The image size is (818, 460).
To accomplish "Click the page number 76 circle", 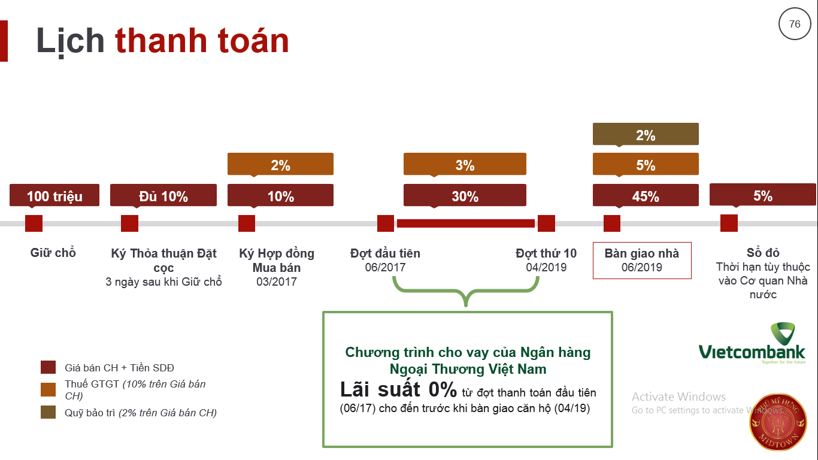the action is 795,24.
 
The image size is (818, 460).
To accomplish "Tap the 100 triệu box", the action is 54,195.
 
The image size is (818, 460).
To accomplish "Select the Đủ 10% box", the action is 163,195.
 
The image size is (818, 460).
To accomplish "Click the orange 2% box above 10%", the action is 280,165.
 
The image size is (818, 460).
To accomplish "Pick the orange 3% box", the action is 465,165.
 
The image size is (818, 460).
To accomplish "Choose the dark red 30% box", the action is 465,195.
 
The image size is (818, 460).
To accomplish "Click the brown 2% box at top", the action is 646,134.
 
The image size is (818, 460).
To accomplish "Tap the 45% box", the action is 646,195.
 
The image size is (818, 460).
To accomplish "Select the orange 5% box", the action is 646,165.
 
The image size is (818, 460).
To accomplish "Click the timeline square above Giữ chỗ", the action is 34,223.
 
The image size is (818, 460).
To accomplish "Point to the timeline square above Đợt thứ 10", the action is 546,223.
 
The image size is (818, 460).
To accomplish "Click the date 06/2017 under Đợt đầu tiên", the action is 385,268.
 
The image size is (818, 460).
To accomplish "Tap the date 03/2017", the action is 277,282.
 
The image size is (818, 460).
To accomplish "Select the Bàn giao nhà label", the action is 642,253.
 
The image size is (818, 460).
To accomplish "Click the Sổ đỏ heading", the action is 763,253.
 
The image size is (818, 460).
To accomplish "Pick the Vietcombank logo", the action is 752,343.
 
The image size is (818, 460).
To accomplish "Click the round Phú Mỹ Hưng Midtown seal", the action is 778,422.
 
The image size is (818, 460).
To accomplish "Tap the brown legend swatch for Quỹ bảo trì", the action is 48,412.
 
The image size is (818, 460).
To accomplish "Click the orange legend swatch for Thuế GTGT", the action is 48,389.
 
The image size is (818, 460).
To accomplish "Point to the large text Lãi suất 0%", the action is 398,389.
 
